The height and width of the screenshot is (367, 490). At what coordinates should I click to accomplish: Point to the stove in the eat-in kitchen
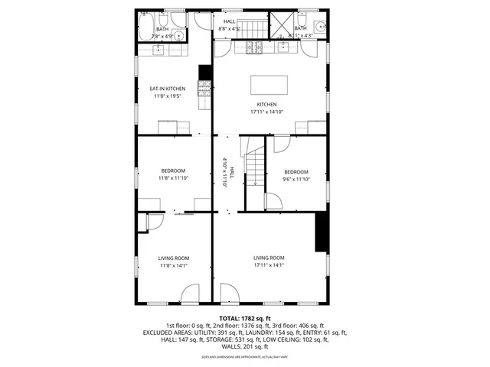[x=204, y=91]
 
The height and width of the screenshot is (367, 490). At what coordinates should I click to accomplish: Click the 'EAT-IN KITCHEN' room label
[x=167, y=89]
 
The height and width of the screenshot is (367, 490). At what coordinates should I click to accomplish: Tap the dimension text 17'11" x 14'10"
[x=267, y=112]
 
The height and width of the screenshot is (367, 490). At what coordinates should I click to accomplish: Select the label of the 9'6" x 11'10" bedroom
[x=296, y=172]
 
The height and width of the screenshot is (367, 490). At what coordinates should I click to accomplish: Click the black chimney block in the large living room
[x=322, y=232]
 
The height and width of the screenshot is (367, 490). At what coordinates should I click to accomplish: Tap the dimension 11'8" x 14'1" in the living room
[x=174, y=266]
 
